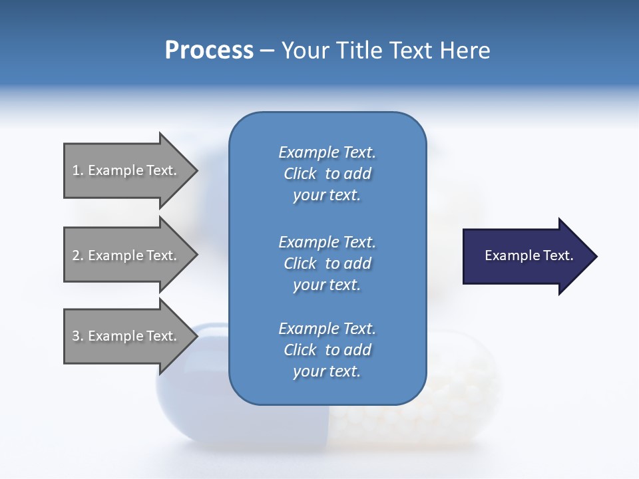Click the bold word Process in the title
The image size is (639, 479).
point(210,51)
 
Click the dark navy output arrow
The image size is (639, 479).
point(531,256)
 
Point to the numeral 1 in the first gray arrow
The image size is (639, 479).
point(75,170)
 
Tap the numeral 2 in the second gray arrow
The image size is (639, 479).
point(76,255)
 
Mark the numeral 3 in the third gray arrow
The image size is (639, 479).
point(76,335)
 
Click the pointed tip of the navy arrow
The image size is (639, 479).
point(598,256)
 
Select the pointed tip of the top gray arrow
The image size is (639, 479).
point(198,171)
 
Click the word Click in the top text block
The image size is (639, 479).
point(300,174)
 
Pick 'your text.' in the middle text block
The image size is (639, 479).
point(327,285)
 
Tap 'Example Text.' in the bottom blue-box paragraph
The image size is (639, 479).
point(327,328)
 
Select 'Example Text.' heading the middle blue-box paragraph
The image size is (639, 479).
point(327,242)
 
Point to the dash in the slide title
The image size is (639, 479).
point(268,52)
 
